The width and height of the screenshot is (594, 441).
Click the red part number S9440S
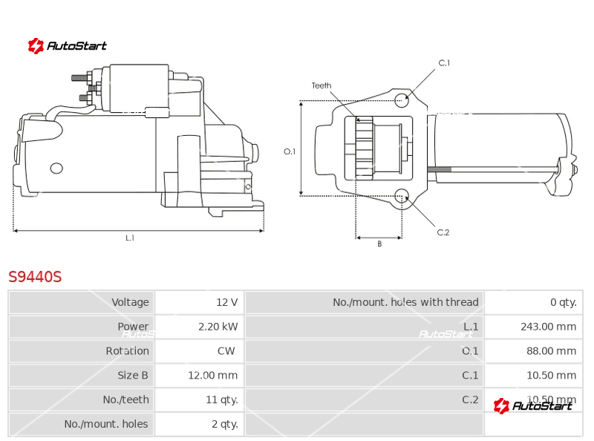pos(35,277)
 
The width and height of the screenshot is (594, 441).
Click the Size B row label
pos(133,375)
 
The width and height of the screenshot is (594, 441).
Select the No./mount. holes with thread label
pos(405,302)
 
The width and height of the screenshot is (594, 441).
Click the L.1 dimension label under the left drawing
pos(130,238)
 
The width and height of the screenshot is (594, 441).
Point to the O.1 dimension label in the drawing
pos(290,151)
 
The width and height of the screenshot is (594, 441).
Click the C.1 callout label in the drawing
pos(444,63)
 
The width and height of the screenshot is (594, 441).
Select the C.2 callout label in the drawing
pos(443,232)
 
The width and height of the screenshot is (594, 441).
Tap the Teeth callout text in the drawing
pos(322,85)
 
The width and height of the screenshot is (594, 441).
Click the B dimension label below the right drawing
pos(379,244)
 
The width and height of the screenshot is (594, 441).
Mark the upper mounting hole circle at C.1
pos(401,99)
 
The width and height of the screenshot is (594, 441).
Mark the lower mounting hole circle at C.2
pos(402,196)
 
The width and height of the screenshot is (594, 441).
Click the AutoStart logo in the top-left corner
pos(68,46)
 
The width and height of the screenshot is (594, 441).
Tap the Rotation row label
pos(127,351)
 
